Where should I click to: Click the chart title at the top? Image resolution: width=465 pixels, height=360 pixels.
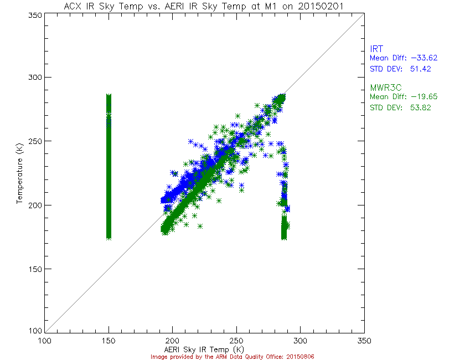click(x=203, y=6)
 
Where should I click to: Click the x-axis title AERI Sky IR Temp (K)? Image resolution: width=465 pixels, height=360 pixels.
click(x=203, y=349)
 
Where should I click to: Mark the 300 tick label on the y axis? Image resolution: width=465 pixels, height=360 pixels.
click(x=36, y=78)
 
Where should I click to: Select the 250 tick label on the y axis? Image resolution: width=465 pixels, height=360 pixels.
click(x=36, y=141)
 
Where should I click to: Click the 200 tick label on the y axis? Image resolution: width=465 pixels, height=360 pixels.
click(x=36, y=205)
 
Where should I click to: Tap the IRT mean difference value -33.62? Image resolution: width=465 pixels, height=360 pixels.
click(x=419, y=58)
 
